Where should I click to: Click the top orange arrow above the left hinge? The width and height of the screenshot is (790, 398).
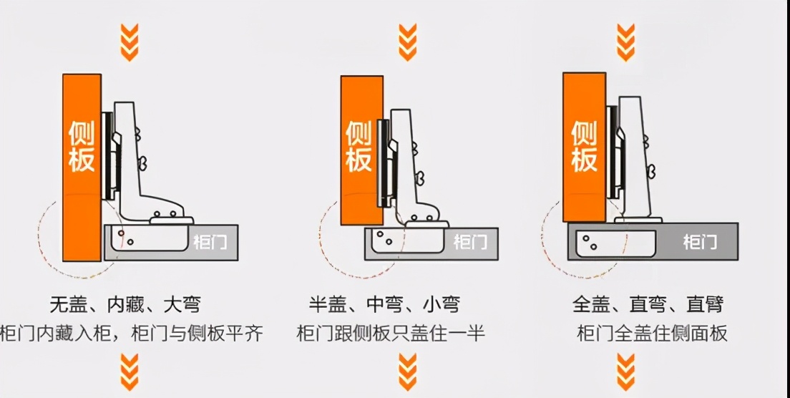(x=129, y=42)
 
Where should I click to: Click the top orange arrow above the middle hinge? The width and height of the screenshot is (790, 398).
(x=407, y=42)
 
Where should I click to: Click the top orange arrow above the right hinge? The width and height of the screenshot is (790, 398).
(x=626, y=42)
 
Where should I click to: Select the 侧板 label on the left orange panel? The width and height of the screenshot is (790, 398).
(x=82, y=146)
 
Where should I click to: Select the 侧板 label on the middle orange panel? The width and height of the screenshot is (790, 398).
(x=359, y=146)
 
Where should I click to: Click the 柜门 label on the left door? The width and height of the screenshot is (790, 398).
(x=210, y=242)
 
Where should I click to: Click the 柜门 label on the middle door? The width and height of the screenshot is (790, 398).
(x=470, y=242)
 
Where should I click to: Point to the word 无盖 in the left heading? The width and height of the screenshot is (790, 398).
(x=69, y=304)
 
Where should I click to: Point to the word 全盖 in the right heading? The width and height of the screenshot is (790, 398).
(x=591, y=304)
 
